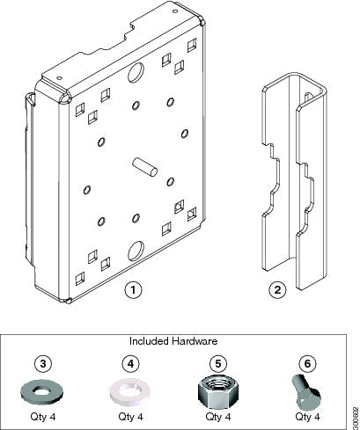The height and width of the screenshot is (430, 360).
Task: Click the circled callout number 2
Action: pyautogui.click(x=276, y=288)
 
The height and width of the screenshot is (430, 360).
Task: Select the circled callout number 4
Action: pyautogui.click(x=129, y=361)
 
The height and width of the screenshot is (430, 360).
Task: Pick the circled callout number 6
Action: pyautogui.click(x=306, y=361)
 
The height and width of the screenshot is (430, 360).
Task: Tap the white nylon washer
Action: pyautogui.click(x=129, y=390)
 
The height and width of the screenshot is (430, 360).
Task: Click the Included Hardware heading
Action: pyautogui.click(x=173, y=339)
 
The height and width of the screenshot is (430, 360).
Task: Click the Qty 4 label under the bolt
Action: pyautogui.click(x=307, y=416)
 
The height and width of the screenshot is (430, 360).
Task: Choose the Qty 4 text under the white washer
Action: pyautogui.click(x=129, y=416)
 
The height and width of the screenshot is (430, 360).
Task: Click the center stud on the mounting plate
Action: pyautogui.click(x=144, y=167)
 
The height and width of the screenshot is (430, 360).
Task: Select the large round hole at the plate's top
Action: pyautogui.click(x=137, y=72)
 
